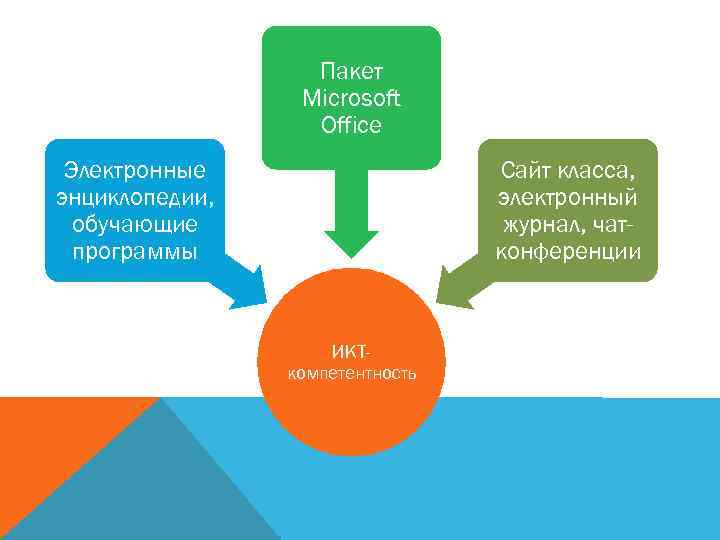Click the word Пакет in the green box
[351, 71]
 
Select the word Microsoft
[351, 98]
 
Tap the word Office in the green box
[351, 125]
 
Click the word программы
[134, 249]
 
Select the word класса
[605, 169]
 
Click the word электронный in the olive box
[568, 195]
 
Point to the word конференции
[568, 250]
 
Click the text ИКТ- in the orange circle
[351, 352]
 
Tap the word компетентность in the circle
[351, 374]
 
